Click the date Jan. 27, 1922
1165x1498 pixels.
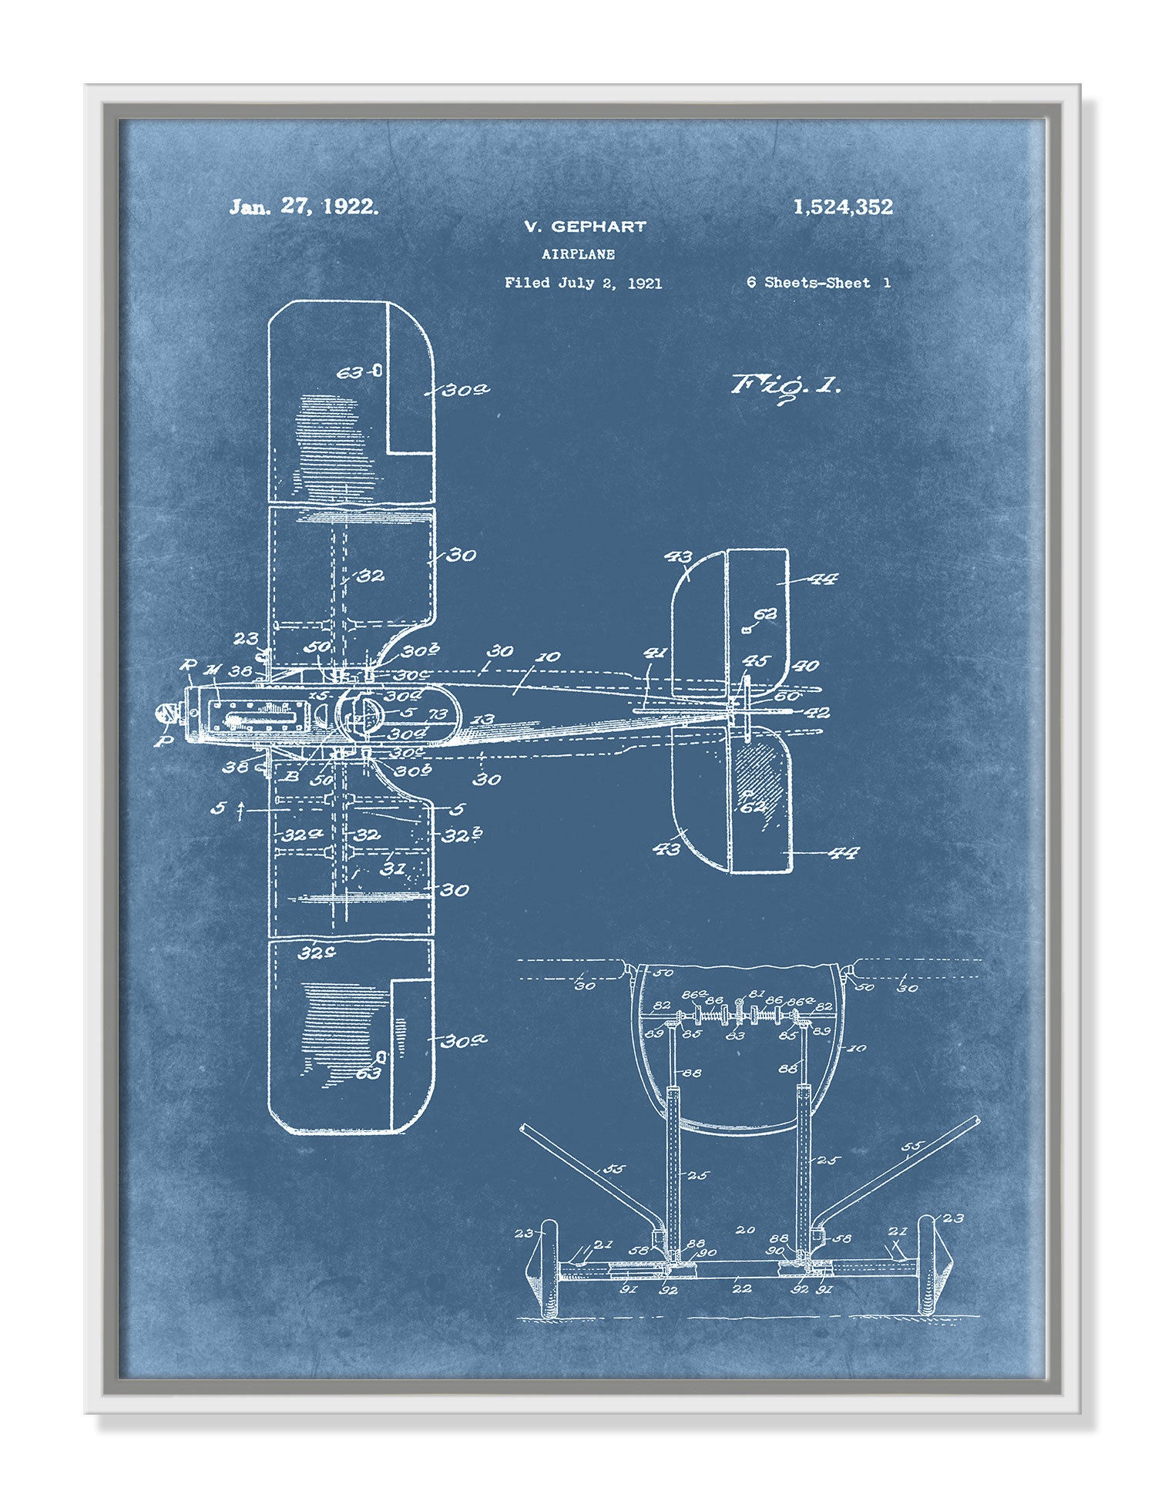point(304,207)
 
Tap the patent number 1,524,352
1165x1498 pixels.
point(843,207)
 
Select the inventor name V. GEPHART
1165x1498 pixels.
point(585,227)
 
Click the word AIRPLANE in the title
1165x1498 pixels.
point(578,254)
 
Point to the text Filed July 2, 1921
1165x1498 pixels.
point(583,283)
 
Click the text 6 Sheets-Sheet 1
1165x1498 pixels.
point(818,283)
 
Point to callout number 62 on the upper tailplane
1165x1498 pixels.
point(765,615)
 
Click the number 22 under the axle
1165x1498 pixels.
point(741,1288)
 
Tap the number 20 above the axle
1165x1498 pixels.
point(744,1230)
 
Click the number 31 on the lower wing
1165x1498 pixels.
point(393,868)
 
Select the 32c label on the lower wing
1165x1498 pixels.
point(317,953)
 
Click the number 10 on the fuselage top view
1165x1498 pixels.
point(548,657)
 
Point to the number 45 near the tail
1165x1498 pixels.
point(756,661)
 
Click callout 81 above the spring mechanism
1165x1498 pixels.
point(757,994)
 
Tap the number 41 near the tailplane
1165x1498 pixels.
point(655,653)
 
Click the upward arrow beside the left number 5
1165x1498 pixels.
point(240,810)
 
